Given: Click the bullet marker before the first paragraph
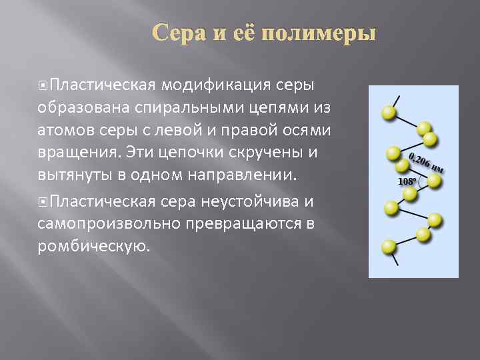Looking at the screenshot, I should coord(43,85).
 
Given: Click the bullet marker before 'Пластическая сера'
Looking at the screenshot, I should coord(43,201).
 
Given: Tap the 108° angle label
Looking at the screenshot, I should coord(407,181).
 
